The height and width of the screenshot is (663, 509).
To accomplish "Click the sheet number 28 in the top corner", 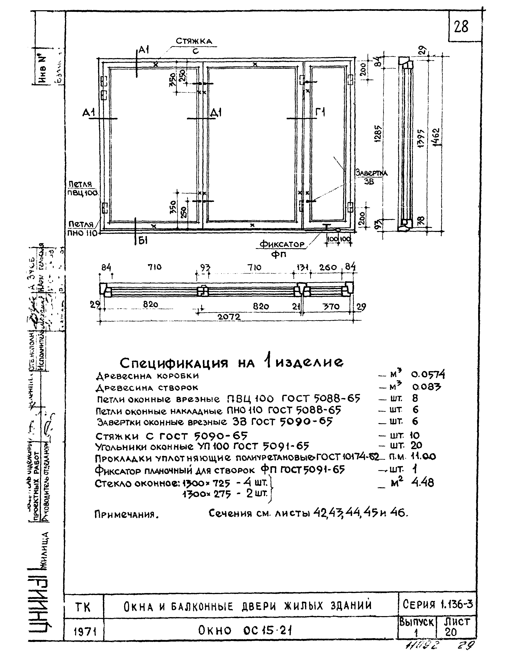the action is coord(461,27).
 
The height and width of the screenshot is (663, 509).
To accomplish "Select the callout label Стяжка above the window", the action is coord(194,41).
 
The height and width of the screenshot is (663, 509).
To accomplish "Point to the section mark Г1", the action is coord(320,113).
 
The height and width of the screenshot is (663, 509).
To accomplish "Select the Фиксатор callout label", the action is coord(282,244).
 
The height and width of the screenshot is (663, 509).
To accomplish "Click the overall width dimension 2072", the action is coord(229,317).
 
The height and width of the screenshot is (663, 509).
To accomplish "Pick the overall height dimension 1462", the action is coord(436,137).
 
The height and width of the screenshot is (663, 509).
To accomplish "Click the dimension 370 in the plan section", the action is coord(331,306).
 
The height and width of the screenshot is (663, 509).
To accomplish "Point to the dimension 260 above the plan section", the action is coord(328,267).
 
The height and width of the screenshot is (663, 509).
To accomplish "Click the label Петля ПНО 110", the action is coord(82,228).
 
